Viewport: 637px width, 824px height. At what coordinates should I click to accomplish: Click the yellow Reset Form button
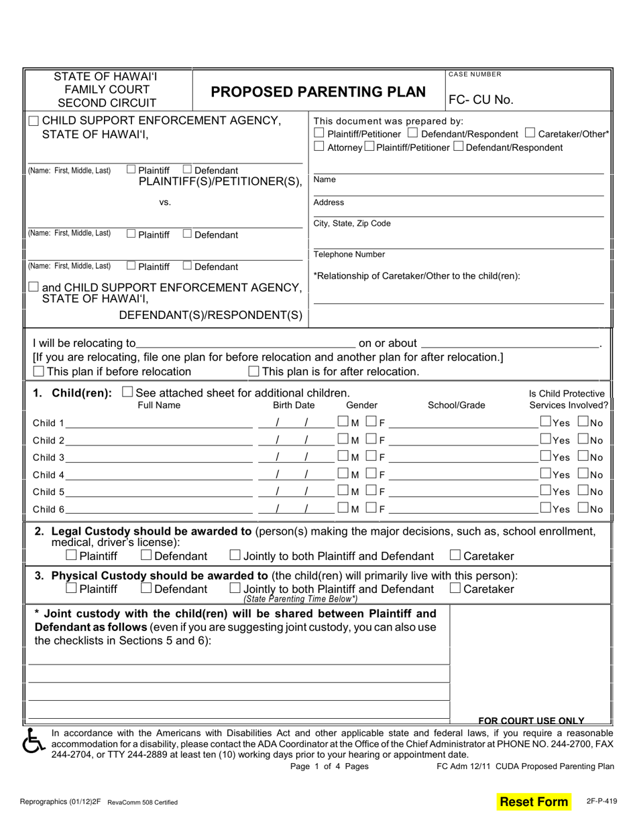534,801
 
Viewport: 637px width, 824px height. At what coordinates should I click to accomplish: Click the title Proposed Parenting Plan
318,92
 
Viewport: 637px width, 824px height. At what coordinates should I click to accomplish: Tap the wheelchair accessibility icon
33,741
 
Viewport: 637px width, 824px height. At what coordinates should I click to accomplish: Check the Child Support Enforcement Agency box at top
34,121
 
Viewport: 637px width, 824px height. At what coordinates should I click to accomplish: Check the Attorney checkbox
319,147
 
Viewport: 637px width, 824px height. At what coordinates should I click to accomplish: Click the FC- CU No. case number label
481,100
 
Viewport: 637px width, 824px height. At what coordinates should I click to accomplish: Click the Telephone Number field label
349,255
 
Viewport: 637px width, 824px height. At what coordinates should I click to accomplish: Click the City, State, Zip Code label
352,223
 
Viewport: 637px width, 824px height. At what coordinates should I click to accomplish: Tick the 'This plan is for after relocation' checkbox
253,371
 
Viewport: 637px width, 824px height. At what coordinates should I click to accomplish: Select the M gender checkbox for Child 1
343,422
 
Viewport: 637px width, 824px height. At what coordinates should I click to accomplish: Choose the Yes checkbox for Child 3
545,457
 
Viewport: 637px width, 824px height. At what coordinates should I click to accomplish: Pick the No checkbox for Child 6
583,508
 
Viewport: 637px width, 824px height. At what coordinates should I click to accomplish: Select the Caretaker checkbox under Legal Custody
455,555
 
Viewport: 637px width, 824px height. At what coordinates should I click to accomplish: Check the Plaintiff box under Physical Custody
71,589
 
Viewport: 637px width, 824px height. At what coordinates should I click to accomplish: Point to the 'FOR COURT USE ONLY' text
531,720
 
